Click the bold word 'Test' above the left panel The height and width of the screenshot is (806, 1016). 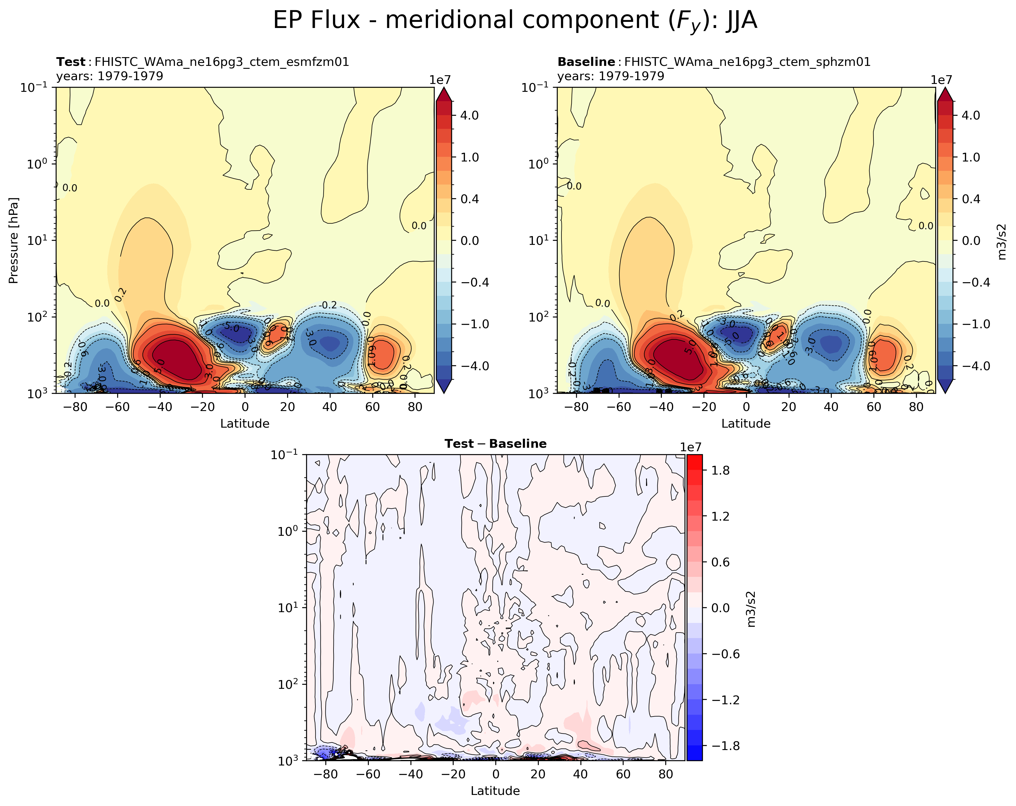pos(71,62)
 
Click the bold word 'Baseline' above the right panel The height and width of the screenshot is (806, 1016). pos(586,62)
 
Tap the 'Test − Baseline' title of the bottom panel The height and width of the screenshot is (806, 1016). pos(495,444)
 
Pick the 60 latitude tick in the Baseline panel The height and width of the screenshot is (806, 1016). pos(873,407)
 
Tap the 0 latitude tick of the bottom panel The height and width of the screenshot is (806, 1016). pos(495,774)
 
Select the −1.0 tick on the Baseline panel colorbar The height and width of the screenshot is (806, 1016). pos(970,324)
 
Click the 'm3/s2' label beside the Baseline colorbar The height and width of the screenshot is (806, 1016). pos(1002,241)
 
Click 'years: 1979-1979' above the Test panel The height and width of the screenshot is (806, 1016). pos(110,76)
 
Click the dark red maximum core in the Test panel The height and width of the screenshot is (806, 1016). pos(177,360)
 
